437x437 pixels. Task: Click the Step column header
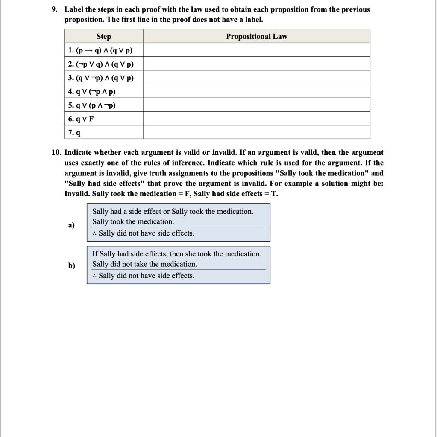coord(103,36)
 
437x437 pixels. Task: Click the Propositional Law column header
coord(256,36)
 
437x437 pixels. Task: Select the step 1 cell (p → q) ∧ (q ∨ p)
coord(100,50)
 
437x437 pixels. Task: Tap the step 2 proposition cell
coord(101,64)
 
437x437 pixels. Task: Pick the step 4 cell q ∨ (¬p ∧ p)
coord(92,91)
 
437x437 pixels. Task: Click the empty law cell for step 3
coord(256,78)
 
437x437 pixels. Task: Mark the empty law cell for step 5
coord(256,105)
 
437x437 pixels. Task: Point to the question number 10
coord(57,152)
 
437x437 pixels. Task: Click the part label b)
coord(71,265)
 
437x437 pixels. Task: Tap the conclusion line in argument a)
coord(144,233)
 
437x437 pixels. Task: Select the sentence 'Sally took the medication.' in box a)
coord(133,221)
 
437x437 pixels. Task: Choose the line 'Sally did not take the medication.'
coord(145,264)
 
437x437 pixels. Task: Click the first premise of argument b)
coord(177,254)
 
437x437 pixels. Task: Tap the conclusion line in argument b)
coord(144,276)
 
